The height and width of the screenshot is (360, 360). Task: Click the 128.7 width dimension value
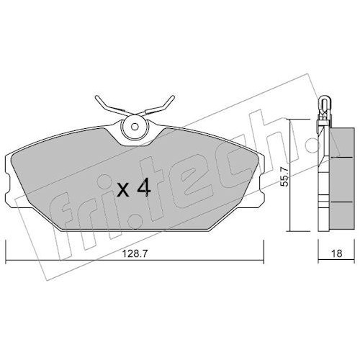[134, 253]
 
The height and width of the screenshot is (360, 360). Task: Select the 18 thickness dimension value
[337, 253]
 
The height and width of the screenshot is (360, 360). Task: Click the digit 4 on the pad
[143, 188]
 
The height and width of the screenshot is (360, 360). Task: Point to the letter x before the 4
[124, 191]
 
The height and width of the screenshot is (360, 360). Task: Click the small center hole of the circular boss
[135, 126]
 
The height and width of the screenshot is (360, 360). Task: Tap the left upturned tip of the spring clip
[96, 98]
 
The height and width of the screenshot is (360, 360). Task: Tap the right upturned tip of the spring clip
[174, 97]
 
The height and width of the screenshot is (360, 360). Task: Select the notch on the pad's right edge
[261, 184]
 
